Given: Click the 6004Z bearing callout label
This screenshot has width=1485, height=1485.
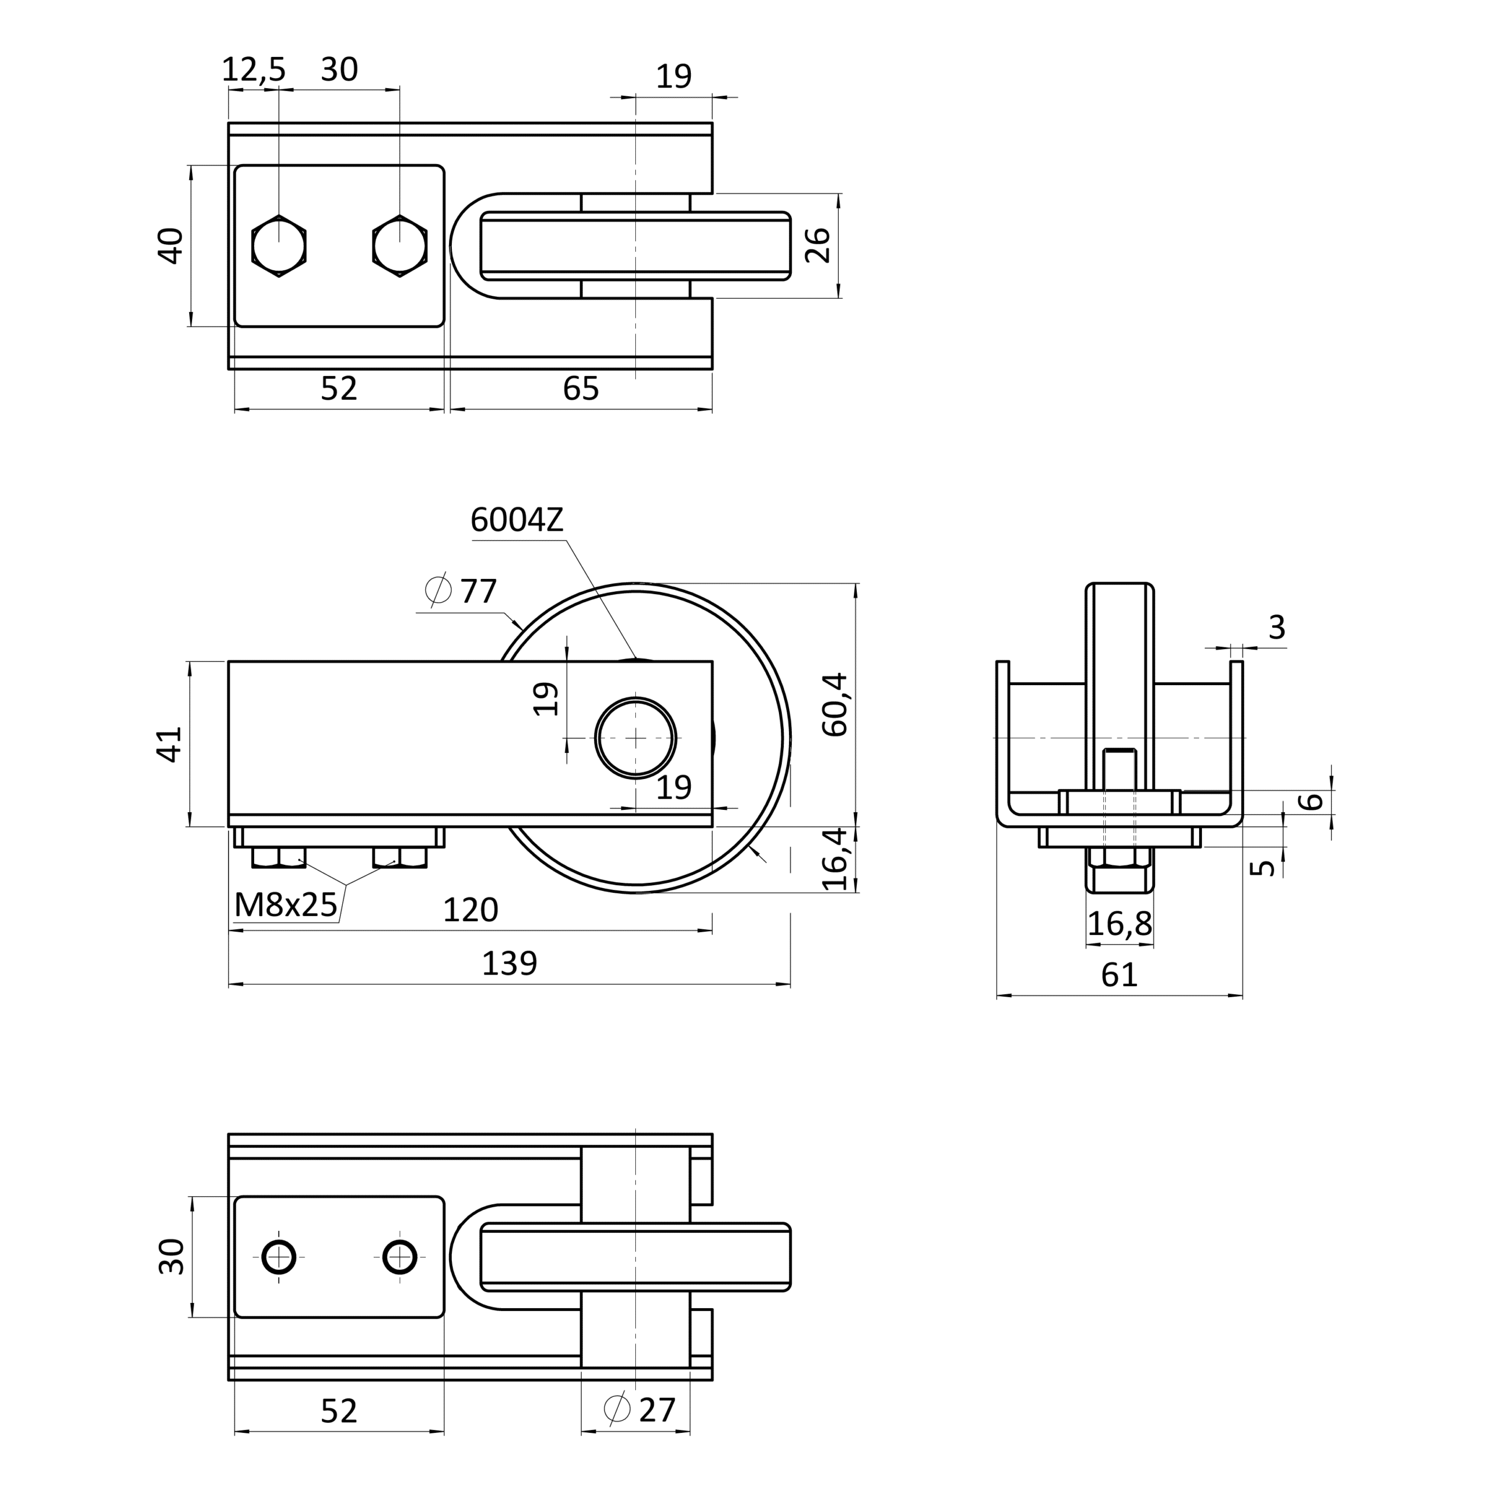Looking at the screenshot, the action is pos(516,520).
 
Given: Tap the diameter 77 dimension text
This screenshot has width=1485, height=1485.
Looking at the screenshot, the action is pos(461,591).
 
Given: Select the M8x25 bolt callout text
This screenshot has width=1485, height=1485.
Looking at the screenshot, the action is pos(286,906).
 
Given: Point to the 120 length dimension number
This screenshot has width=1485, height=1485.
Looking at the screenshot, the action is pos(470,910).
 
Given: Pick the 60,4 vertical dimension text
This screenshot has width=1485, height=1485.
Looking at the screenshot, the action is pos(835,705).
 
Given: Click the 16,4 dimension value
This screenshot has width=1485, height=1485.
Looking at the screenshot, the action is pos(835,859).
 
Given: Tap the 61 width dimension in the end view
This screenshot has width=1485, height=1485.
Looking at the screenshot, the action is pos(1119,975).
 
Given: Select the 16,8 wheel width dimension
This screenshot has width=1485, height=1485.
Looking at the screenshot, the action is pos(1120,923).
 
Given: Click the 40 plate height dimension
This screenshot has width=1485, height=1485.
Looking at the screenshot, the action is pos(171,246).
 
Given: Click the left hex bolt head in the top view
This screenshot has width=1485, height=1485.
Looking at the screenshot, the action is pos(279,246).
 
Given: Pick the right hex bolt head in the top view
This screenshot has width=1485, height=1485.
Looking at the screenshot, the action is pos(400,246).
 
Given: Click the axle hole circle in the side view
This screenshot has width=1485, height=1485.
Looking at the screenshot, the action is pos(636,738).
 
